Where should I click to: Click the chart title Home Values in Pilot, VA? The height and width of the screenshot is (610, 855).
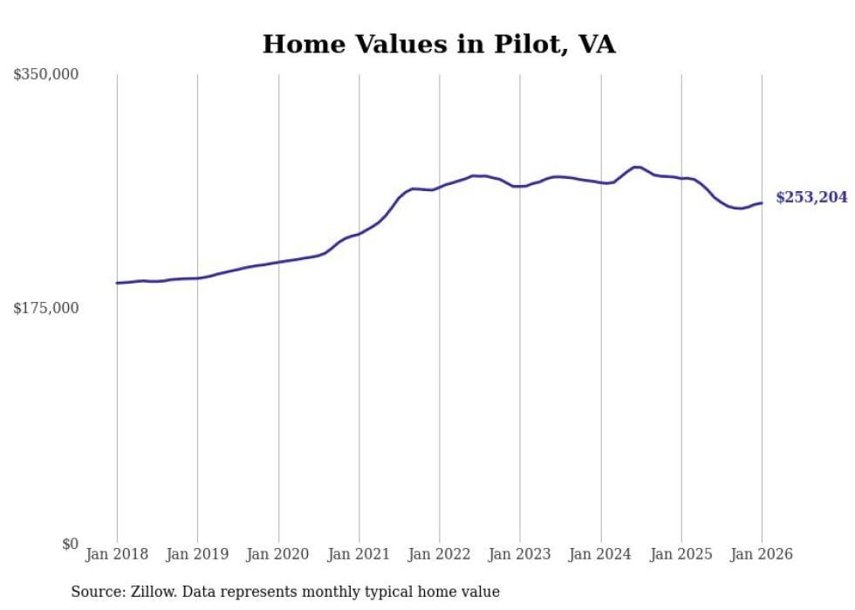(x=439, y=45)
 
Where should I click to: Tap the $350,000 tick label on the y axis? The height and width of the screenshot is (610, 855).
(x=46, y=75)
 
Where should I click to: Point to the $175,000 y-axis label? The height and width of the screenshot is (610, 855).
(x=46, y=308)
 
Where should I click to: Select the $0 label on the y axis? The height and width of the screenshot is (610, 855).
(x=70, y=544)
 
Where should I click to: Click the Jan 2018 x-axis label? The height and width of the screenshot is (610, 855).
(x=117, y=554)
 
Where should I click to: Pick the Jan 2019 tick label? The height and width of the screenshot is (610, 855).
(x=197, y=554)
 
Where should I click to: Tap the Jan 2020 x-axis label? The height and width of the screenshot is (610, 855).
(x=278, y=554)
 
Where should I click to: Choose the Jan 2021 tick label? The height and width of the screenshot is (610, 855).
(x=359, y=554)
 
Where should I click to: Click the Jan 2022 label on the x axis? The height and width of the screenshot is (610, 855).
(x=440, y=554)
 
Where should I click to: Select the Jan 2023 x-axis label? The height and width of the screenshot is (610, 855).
(x=520, y=554)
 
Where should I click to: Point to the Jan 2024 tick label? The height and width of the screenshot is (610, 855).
(x=601, y=554)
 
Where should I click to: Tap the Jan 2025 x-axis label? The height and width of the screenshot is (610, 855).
(x=681, y=554)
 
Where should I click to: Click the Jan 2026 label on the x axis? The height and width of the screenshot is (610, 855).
(x=762, y=554)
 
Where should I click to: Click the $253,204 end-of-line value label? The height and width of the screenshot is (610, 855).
(x=811, y=198)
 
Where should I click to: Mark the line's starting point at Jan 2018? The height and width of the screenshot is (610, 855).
(x=117, y=283)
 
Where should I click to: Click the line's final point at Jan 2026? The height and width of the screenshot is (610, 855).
(x=762, y=203)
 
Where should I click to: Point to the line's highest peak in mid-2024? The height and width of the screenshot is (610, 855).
(x=636, y=167)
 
